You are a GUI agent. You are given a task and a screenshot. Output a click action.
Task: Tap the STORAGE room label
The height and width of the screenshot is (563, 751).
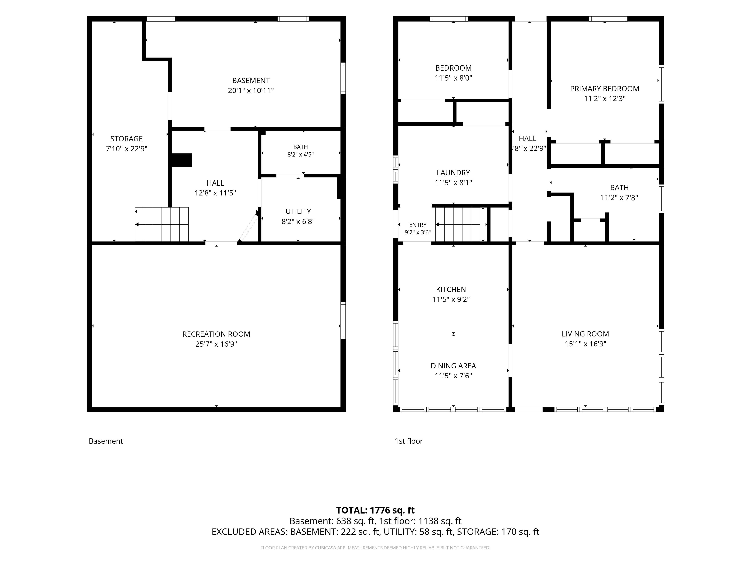click(127, 139)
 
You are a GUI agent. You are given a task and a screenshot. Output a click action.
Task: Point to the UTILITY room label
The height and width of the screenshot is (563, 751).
click(298, 212)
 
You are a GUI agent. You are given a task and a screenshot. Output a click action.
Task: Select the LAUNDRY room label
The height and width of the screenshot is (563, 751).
click(453, 173)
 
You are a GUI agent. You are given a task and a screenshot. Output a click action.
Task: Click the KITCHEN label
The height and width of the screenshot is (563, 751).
click(451, 290)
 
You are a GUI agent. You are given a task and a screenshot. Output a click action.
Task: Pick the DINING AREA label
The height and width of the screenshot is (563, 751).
click(453, 366)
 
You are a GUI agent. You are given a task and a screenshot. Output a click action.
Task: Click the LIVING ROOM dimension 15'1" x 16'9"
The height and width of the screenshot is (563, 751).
click(585, 344)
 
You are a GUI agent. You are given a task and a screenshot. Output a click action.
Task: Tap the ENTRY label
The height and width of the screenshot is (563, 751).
click(418, 225)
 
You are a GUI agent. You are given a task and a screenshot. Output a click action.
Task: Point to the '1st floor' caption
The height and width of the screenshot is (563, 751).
click(409, 441)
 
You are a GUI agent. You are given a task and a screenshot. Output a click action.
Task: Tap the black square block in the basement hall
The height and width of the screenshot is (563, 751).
click(181, 160)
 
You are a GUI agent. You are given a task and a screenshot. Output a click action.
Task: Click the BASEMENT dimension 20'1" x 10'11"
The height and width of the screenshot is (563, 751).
click(251, 91)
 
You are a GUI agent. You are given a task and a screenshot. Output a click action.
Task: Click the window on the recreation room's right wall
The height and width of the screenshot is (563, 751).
click(343, 320)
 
